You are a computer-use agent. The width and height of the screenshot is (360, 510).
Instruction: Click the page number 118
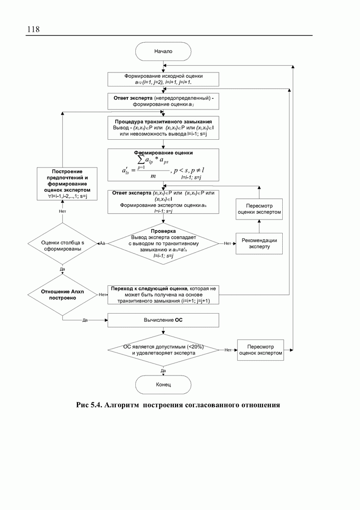(x=33, y=29)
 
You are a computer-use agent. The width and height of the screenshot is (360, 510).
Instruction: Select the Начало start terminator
(x=163, y=50)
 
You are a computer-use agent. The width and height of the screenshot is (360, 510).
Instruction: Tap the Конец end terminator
(x=163, y=385)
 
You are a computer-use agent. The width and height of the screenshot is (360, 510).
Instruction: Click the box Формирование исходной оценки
(x=163, y=79)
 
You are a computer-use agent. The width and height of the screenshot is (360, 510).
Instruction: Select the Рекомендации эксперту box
(x=259, y=243)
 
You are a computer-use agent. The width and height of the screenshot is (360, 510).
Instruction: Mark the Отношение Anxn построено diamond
(x=63, y=294)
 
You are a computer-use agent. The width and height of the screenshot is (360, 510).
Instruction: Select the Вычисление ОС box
(x=163, y=319)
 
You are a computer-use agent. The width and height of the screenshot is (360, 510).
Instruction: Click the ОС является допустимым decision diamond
(x=163, y=350)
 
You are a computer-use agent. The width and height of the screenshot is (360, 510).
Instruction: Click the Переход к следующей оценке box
(x=163, y=294)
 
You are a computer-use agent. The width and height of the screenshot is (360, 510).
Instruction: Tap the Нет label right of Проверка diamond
(x=228, y=243)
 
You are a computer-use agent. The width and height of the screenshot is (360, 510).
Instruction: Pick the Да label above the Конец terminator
(x=163, y=371)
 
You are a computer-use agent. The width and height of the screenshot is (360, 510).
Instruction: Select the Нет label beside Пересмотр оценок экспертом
(x=228, y=350)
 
